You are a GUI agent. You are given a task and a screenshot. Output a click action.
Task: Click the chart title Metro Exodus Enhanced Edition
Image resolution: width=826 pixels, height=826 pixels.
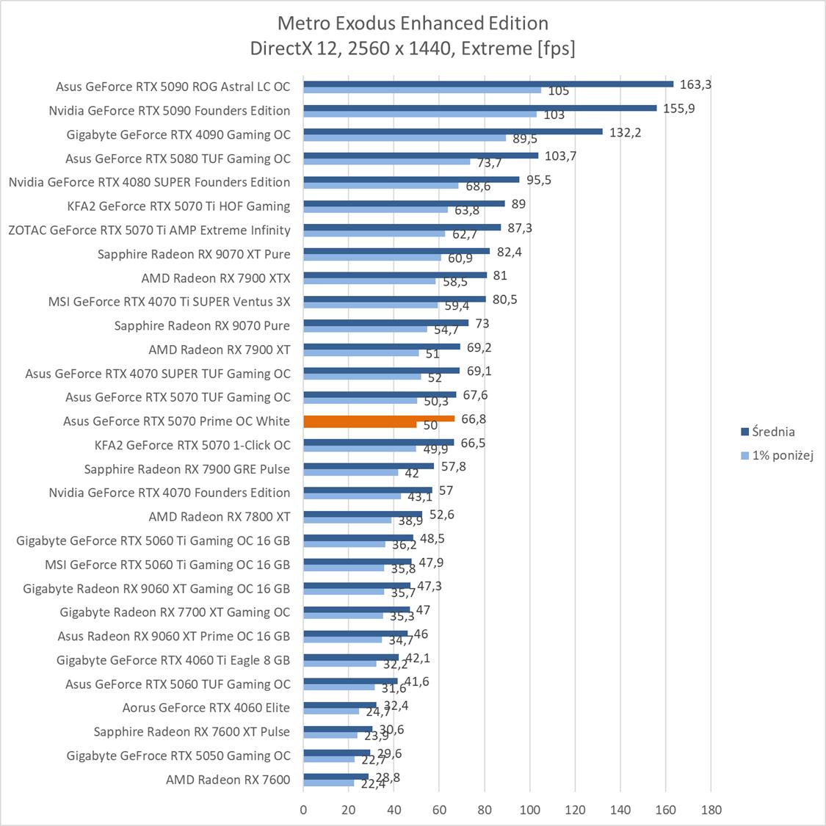point(413,23)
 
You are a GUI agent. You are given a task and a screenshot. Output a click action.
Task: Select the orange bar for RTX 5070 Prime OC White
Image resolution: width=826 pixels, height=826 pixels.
point(379,419)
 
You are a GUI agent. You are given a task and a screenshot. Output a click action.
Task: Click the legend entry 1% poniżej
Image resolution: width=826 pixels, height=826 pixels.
point(783,455)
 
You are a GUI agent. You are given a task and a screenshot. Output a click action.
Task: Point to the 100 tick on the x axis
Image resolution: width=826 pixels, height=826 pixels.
point(530,810)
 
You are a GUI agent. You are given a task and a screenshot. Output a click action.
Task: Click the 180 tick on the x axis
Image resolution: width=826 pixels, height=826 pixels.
point(711,810)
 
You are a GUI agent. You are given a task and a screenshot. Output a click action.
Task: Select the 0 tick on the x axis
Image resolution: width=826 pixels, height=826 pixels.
point(304,810)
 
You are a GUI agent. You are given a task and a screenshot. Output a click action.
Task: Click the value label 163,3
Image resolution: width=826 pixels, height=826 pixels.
point(695,84)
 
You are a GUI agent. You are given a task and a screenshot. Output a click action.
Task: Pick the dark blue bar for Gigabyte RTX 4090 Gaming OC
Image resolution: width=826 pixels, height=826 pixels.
point(452,131)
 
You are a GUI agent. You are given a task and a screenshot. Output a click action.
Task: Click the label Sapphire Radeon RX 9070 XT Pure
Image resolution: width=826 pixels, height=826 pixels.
point(194,254)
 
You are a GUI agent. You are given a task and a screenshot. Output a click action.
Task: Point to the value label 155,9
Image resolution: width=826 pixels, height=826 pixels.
point(678,109)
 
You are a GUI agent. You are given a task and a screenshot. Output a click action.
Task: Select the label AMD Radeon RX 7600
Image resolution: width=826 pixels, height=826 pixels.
point(228,780)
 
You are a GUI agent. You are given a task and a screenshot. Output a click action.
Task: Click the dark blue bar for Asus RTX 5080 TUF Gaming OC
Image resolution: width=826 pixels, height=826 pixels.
point(421,156)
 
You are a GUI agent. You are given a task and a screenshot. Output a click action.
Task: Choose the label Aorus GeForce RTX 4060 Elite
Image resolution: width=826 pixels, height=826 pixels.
point(206,708)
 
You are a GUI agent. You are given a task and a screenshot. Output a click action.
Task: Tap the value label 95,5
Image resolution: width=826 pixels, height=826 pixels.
point(539,180)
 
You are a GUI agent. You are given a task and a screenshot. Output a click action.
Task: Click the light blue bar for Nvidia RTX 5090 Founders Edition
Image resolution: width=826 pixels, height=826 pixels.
point(420,115)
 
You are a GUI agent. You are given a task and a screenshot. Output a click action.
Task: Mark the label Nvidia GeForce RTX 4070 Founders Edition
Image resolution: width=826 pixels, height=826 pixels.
point(170,493)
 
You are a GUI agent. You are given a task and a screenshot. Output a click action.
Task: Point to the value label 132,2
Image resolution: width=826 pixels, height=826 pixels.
point(625,132)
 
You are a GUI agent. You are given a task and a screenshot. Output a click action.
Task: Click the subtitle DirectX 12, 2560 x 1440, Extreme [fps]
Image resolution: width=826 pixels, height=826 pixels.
point(413,48)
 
